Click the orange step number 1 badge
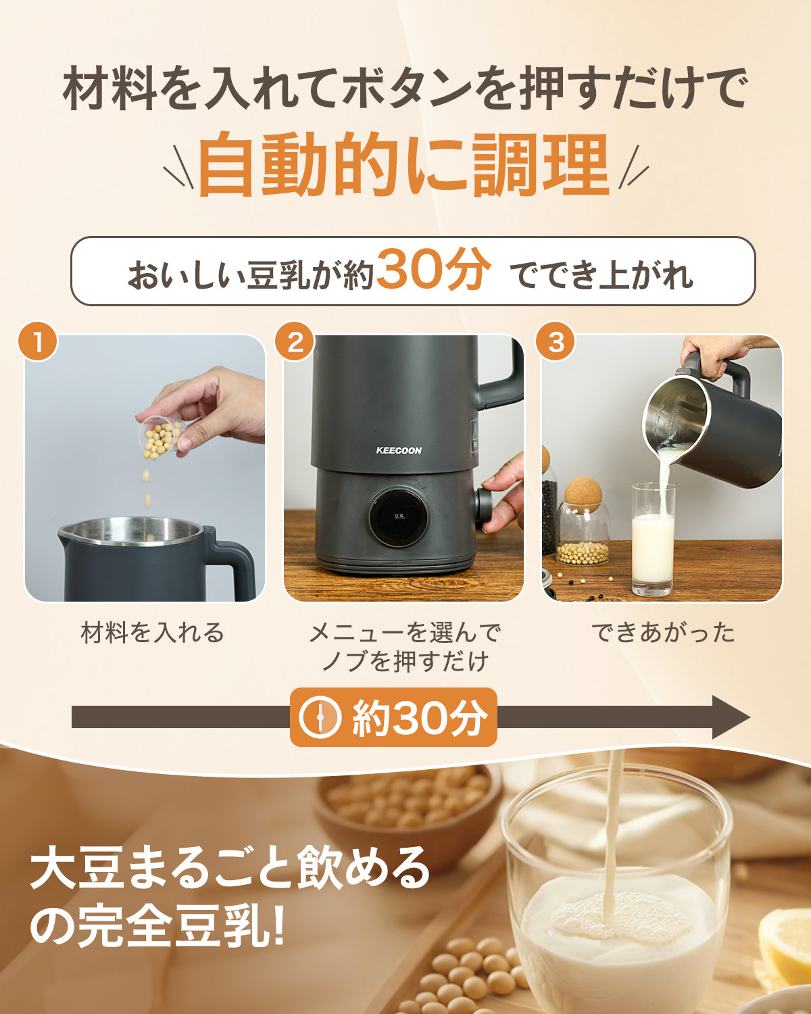38,341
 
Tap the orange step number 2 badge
295,341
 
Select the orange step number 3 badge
555,341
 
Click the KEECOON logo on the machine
398,450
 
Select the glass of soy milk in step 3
653,541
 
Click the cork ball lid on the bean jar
583,495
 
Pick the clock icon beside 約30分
320,717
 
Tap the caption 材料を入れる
152,633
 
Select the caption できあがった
662,633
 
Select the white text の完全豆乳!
159,927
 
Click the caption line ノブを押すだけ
404,661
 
